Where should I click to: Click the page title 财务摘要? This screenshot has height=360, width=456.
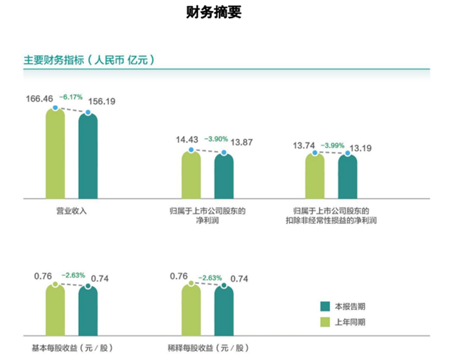coord(214,12)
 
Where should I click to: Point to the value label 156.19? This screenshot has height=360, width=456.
coord(101,102)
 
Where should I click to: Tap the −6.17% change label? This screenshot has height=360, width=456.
coord(71,97)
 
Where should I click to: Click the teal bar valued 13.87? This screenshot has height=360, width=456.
coord(223,176)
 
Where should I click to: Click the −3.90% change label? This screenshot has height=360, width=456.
coord(216,139)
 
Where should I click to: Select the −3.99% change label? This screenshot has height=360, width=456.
coord(340,145)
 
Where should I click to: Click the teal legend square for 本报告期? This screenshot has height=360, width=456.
coord(326,306)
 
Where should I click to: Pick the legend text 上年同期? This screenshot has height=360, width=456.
coord(350,322)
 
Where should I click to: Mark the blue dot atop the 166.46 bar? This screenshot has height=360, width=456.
coord(55,109)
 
